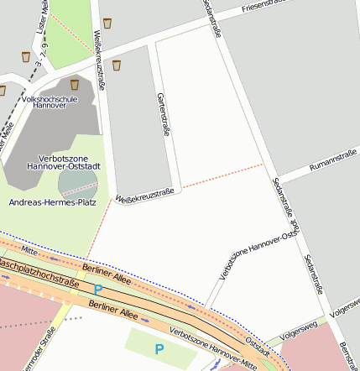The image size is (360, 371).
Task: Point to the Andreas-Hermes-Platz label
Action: [52, 202]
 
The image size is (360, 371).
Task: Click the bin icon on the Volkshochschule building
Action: [75, 84]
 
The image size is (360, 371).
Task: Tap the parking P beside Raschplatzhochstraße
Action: [97, 290]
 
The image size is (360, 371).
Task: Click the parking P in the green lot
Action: [159, 348]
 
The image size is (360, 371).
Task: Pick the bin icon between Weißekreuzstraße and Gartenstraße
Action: [117, 64]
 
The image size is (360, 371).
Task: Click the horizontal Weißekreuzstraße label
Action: [144, 196]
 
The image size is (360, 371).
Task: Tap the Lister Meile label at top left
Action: [44, 15]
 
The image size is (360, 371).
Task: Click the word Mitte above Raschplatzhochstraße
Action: [30, 249]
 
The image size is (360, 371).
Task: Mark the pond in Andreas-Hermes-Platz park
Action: [76, 182]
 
